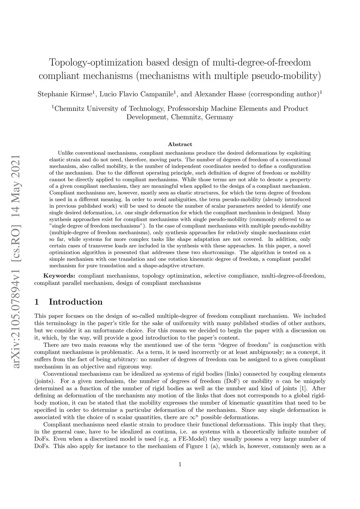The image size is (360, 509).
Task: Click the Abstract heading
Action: (180, 144)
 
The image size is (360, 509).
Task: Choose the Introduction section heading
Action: (76, 302)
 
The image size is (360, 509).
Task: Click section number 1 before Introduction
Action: (37, 302)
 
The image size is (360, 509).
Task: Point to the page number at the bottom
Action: (180, 464)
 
